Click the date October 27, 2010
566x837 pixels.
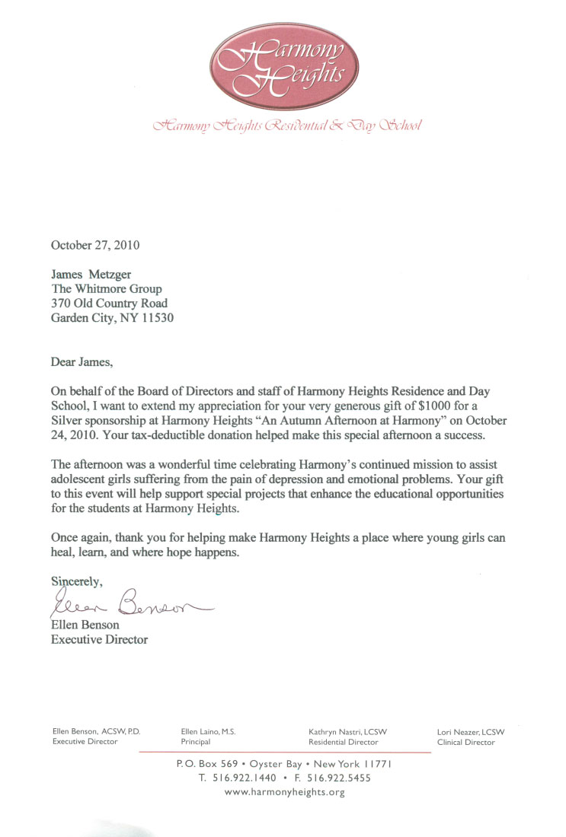(95, 245)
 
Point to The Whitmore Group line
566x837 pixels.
(106, 289)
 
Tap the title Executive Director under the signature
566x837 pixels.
(99, 640)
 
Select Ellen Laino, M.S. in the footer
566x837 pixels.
(209, 731)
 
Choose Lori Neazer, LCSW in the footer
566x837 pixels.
(471, 731)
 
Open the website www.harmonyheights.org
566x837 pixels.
(285, 792)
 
